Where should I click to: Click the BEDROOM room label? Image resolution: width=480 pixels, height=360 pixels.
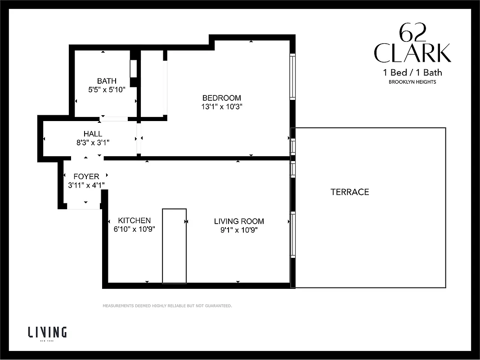click(221, 98)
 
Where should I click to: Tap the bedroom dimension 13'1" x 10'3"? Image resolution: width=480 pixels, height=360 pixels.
click(221, 107)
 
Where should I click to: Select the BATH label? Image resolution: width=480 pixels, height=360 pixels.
click(107, 81)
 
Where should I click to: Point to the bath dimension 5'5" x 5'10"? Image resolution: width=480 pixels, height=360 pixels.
click(107, 90)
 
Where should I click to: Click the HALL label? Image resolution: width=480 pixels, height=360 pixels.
click(93, 134)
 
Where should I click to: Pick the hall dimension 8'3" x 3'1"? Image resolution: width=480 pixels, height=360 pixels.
click(93, 142)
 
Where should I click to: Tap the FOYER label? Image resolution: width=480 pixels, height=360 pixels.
click(86, 176)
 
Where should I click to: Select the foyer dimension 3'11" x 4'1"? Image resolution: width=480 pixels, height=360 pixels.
click(86, 185)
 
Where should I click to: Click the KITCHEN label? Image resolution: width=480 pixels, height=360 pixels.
click(134, 220)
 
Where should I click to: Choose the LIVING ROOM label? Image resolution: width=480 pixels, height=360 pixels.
click(239, 221)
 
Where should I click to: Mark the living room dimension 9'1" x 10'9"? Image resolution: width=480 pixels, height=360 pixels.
click(239, 230)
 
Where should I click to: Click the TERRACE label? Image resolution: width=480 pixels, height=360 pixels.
click(350, 192)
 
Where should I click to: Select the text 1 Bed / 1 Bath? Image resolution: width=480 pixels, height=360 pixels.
click(412, 72)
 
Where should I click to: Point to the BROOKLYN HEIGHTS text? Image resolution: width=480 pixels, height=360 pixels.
click(412, 82)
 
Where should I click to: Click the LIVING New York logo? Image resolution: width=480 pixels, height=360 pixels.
click(47, 333)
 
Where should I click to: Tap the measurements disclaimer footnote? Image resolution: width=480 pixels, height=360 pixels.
click(167, 306)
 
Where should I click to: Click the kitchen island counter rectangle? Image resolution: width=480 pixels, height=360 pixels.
click(174, 246)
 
